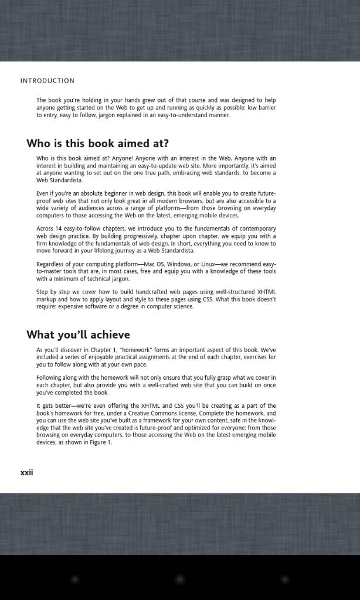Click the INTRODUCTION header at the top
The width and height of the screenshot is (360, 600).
[47, 81]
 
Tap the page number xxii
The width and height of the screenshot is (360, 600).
[27, 472]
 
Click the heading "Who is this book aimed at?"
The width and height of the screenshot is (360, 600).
[97, 144]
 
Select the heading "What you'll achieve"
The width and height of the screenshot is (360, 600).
[78, 335]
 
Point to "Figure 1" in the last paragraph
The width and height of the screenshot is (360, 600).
[100, 442]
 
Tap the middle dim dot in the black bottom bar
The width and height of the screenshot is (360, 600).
[180, 579]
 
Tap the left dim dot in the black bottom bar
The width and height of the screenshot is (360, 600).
[75, 579]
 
